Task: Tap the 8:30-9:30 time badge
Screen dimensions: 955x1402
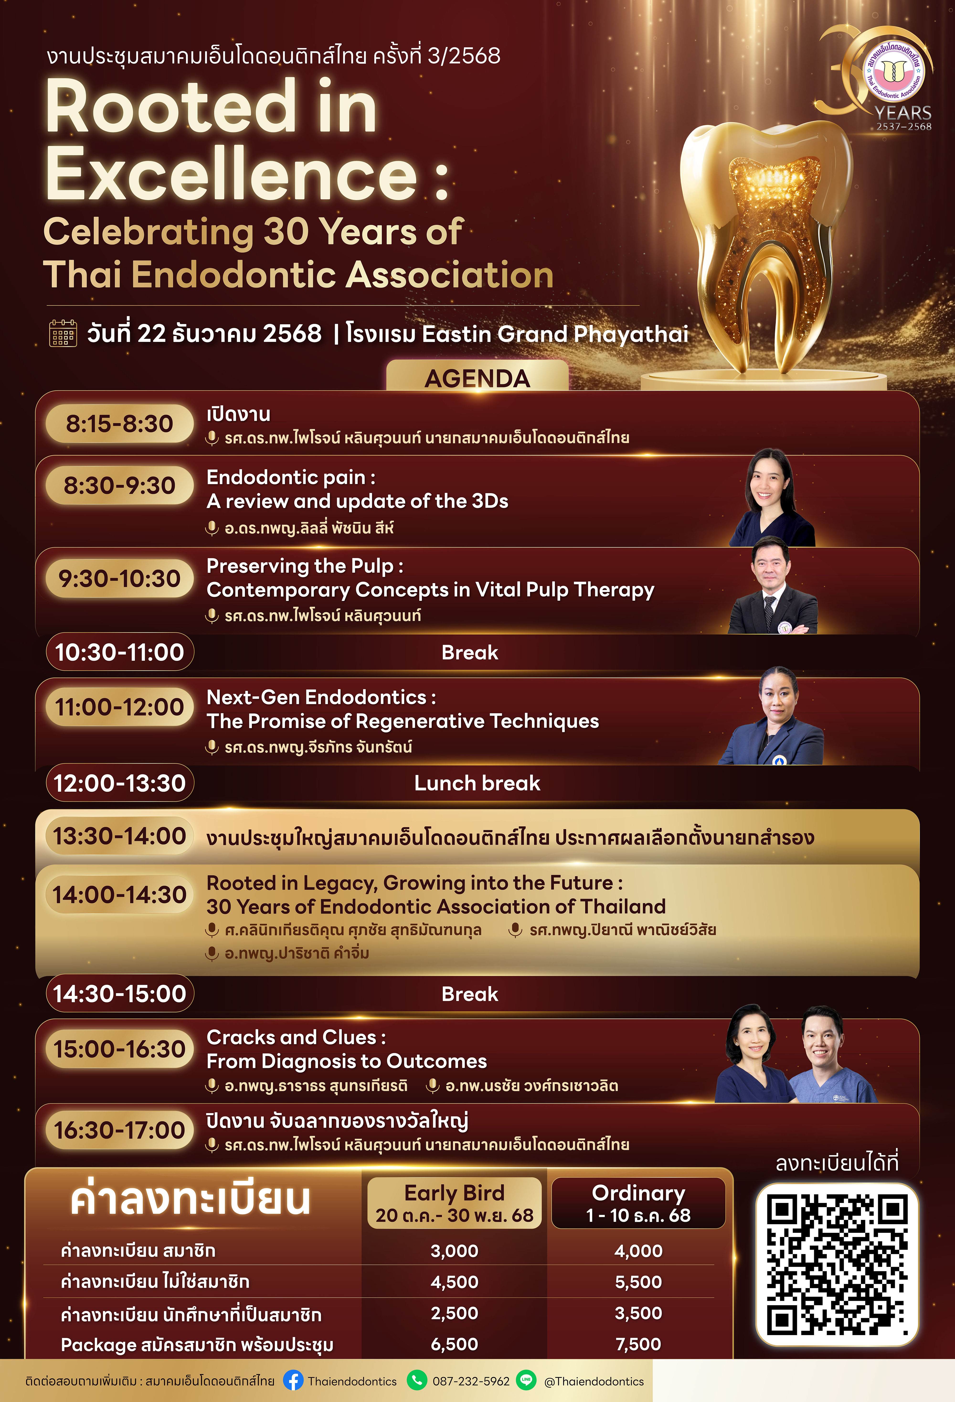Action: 119,485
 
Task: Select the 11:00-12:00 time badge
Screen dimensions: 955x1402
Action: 119,706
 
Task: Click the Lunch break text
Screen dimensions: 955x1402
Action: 477,783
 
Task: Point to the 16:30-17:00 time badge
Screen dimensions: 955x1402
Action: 119,1130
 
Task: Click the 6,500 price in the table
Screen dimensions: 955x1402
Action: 455,1344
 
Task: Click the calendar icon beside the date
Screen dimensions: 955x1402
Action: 63,334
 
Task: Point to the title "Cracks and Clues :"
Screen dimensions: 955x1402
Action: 296,1037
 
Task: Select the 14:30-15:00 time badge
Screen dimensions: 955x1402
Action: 119,994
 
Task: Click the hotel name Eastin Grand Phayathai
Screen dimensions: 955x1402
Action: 555,334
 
